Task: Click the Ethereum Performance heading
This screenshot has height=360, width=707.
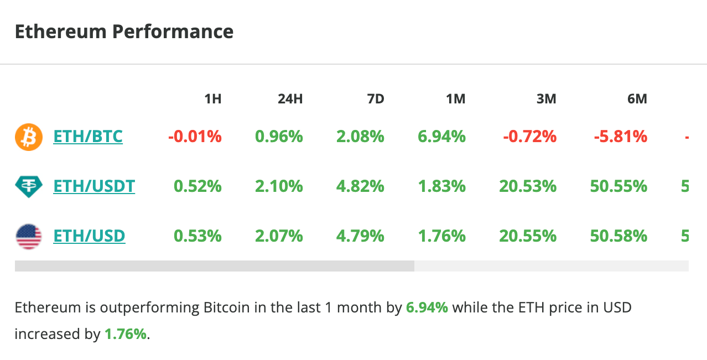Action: pos(124,32)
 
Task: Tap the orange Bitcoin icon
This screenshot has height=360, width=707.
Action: pos(28,137)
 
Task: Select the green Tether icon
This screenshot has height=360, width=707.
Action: pos(28,187)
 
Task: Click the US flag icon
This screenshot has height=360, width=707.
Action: pos(28,237)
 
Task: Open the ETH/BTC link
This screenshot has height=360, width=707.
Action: pos(88,136)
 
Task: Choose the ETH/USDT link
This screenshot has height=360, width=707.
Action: pos(94,186)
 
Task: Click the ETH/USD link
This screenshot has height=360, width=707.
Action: pos(89,236)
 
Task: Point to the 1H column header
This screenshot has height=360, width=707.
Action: pos(213,100)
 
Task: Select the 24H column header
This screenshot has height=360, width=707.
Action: pos(290,100)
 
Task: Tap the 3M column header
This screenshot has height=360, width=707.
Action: pos(546,100)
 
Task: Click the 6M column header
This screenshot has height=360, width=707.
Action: pos(637,100)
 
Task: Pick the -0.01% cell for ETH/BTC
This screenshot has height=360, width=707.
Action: pos(195,136)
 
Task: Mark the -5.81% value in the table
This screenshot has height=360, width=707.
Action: pos(620,136)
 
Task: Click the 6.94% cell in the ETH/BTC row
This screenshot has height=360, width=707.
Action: pos(441,136)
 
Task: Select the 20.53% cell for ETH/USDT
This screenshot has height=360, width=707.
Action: pos(528,186)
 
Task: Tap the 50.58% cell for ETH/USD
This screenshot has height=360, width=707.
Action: pos(618,236)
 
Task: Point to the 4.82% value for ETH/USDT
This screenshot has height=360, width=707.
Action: pos(360,186)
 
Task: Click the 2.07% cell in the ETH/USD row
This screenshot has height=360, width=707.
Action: pos(279,236)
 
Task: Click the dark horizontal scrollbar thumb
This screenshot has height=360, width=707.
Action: pos(215,266)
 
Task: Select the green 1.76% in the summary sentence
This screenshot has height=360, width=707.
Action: pos(126,334)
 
